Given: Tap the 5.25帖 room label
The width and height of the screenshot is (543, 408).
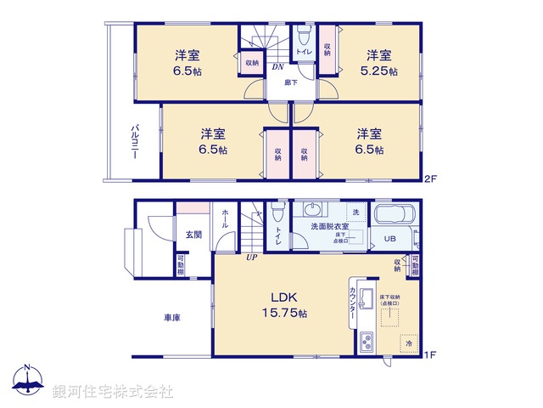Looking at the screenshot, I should (379, 64).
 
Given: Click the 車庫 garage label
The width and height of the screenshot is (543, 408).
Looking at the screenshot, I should (172, 318).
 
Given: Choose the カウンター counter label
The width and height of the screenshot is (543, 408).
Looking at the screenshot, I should (352, 302).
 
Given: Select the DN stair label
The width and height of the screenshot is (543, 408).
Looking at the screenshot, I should (277, 66).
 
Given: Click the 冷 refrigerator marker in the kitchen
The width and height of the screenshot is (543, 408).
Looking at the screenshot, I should (408, 343).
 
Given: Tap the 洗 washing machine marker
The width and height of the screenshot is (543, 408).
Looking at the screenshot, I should (355, 212).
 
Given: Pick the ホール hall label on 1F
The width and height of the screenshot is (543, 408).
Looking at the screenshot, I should (225, 220).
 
